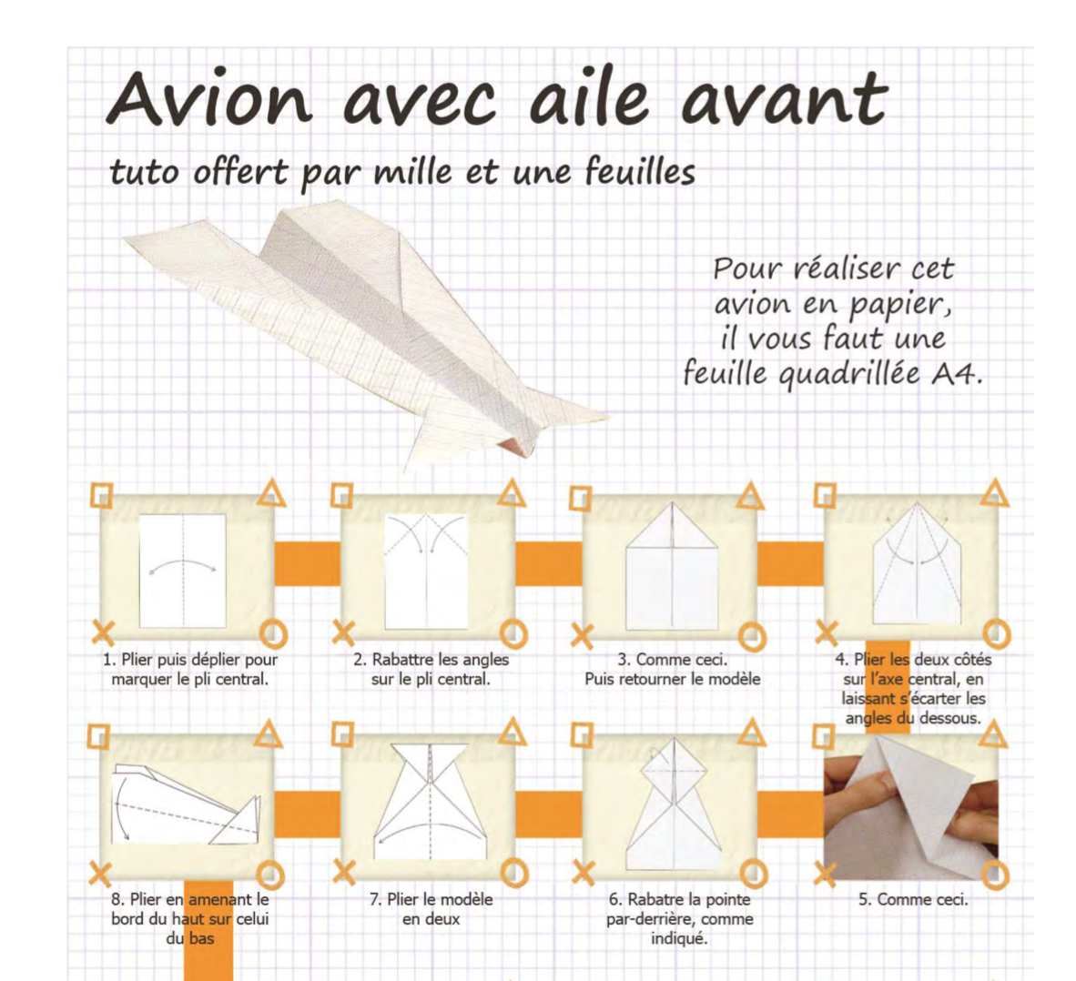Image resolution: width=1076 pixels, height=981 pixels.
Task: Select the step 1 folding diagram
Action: [x=183, y=571]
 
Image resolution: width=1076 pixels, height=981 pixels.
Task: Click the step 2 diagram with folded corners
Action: [x=425, y=571]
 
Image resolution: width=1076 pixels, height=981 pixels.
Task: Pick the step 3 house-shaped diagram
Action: [x=672, y=565]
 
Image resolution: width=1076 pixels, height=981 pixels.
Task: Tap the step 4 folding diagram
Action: [x=917, y=563]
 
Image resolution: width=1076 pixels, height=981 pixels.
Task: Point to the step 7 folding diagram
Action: [x=431, y=801]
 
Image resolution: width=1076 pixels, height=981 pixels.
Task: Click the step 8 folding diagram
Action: [x=187, y=804]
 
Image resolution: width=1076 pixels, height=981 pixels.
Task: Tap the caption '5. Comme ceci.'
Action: [x=913, y=899]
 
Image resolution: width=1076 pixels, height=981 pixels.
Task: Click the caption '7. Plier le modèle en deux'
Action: [x=431, y=909]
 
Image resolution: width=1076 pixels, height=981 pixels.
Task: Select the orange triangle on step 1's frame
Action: [x=271, y=493]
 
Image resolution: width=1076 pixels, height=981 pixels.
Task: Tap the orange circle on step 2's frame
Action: [x=513, y=634]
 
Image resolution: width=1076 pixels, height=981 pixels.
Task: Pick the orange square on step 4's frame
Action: [x=825, y=495]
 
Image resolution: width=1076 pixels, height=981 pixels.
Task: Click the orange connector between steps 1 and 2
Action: [x=308, y=564]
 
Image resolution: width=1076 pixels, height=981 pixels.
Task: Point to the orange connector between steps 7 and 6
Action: [x=549, y=814]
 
